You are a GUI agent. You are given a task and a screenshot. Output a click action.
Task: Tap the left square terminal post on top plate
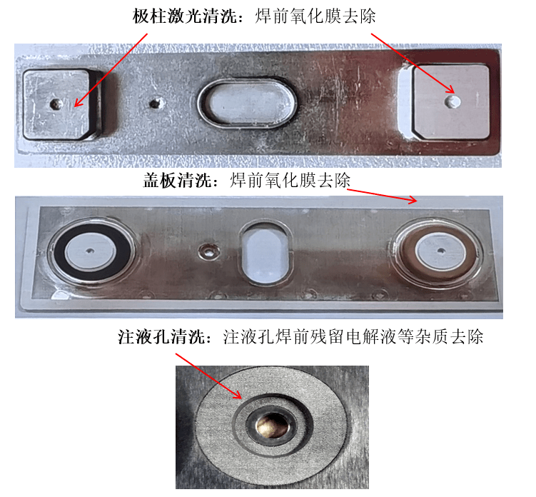click(x=59, y=104)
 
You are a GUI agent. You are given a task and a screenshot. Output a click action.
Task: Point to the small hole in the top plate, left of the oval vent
click(x=153, y=103)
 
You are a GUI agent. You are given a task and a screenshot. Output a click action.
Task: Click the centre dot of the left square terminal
click(x=56, y=104)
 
